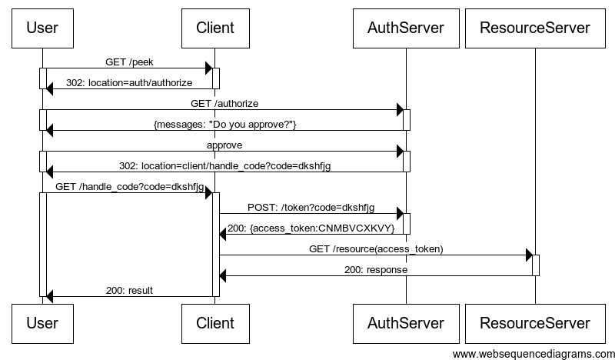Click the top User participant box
[42, 28]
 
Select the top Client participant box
[215, 28]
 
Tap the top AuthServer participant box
[406, 28]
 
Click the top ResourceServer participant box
[535, 28]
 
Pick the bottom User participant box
[42, 323]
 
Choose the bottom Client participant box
[215, 323]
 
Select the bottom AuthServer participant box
[406, 323]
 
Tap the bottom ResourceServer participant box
[535, 323]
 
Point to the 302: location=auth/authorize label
[129, 82]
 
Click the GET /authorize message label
[224, 103]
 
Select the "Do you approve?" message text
[224, 124]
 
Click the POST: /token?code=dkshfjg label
[311, 207]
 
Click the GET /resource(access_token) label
[376, 248]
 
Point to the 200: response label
[376, 269]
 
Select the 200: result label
[129, 290]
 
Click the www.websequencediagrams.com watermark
[534, 353]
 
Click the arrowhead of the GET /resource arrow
[529, 255]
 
